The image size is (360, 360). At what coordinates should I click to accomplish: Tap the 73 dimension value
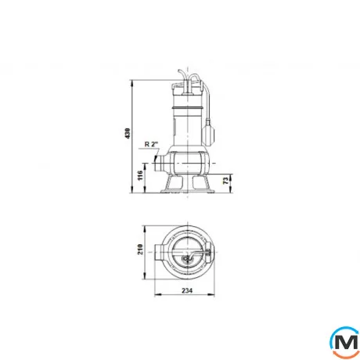point(225,182)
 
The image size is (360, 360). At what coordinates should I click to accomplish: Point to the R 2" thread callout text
point(152,144)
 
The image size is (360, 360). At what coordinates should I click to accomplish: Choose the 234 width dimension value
point(185,291)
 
